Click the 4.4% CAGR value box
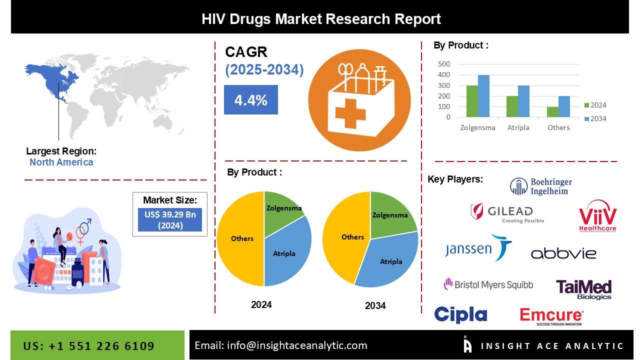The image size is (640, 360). click(250, 100)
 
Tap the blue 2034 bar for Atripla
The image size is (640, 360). click(523, 101)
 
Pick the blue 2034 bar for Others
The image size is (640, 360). click(564, 106)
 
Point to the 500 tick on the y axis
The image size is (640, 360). click(444, 64)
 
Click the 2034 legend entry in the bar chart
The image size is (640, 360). click(595, 118)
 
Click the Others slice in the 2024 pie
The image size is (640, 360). click(240, 238)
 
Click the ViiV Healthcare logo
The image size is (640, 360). click(597, 216)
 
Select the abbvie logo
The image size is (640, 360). click(563, 253)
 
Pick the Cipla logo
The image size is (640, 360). click(460, 314)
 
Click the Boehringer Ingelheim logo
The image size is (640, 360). click(541, 186)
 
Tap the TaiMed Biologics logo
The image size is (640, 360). click(583, 289)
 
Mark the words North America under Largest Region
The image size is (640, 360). click(61, 162)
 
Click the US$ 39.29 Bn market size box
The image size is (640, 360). click(170, 219)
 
